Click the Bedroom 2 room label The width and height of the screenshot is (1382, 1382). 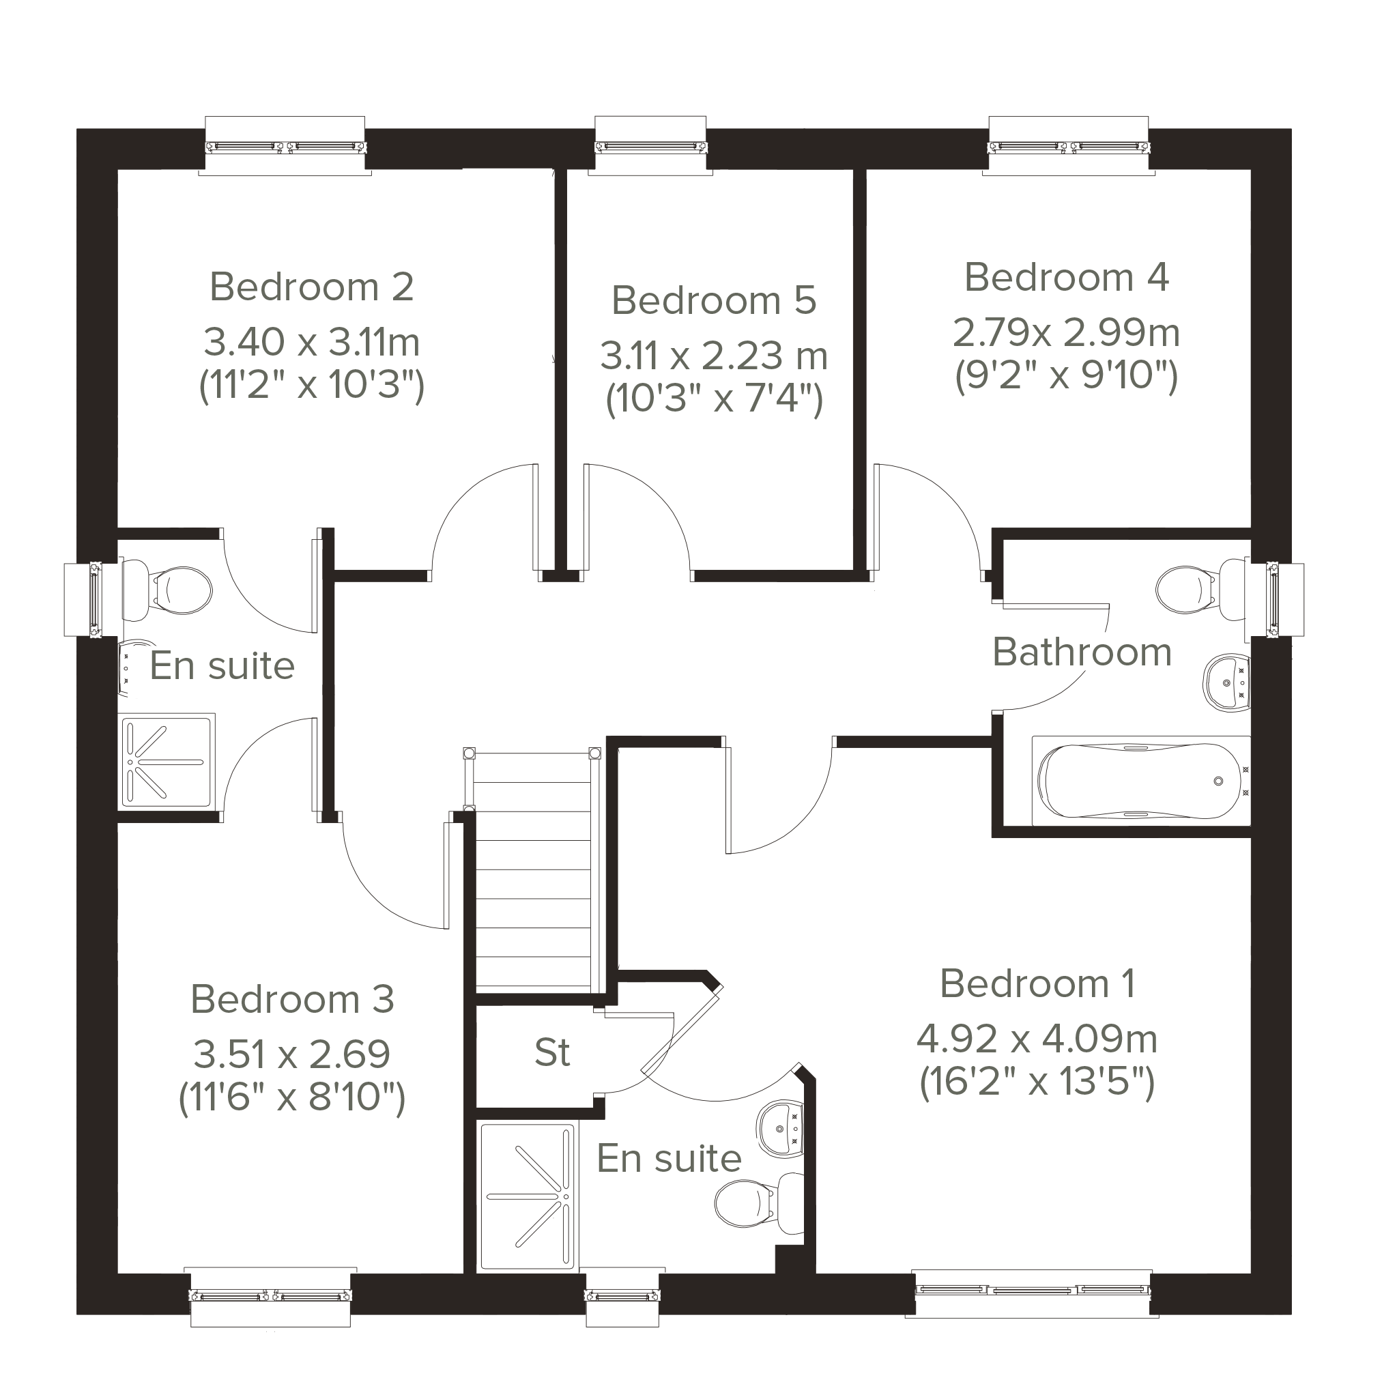[312, 287]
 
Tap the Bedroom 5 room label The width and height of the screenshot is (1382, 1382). [714, 300]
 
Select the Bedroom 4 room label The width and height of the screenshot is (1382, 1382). [1067, 278]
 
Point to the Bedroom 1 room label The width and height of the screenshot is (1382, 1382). [1037, 983]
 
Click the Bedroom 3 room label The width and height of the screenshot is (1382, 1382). [293, 999]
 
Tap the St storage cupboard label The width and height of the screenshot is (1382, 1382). [552, 1052]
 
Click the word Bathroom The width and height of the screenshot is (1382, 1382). [1082, 652]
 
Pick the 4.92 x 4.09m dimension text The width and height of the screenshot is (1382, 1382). [1037, 1039]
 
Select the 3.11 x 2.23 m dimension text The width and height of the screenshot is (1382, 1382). [714, 356]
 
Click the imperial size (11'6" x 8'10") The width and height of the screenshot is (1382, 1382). [292, 1096]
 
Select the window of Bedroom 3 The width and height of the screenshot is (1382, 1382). [270, 1295]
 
